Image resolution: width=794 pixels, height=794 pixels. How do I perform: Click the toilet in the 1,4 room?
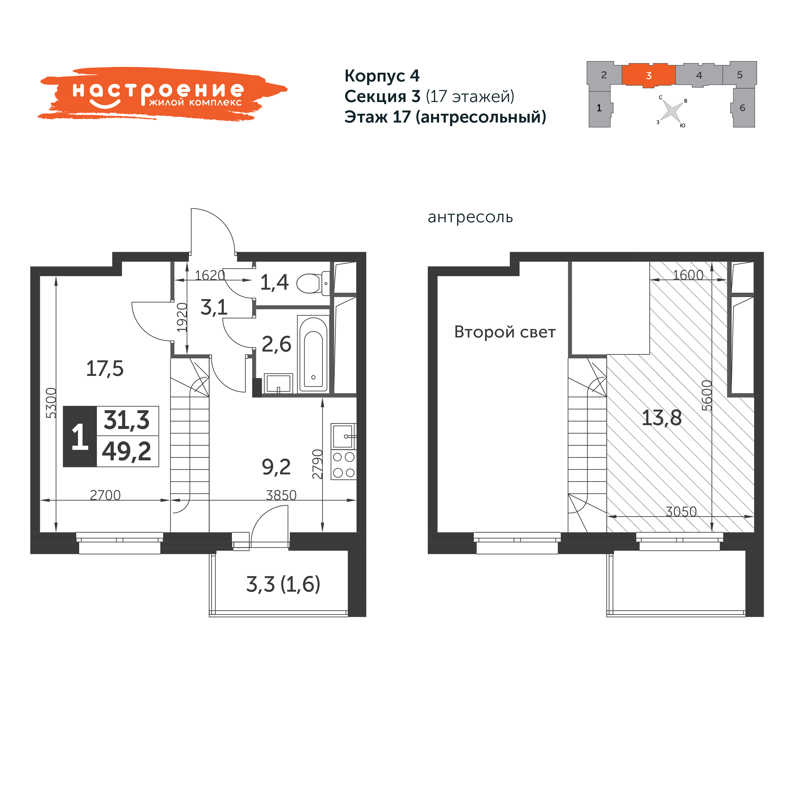[x=313, y=283]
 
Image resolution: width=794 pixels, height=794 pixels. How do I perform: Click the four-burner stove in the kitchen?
[x=344, y=465]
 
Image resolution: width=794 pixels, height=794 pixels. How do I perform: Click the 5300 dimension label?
[x=51, y=403]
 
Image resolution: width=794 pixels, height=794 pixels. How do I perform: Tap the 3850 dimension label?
[x=281, y=495]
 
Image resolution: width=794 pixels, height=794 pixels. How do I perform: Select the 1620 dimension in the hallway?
[x=210, y=275]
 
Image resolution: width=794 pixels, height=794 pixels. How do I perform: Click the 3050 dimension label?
[x=681, y=512]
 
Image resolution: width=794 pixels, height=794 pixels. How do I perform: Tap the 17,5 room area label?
[x=104, y=369]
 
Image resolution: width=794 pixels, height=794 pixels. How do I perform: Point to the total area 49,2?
[x=127, y=451]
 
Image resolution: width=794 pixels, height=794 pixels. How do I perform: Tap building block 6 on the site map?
[x=743, y=108]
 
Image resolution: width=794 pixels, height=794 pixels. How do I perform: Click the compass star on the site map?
[x=671, y=111]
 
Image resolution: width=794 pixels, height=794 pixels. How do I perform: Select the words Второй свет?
[x=505, y=332]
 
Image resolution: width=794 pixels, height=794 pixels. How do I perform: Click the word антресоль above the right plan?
[x=470, y=217]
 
